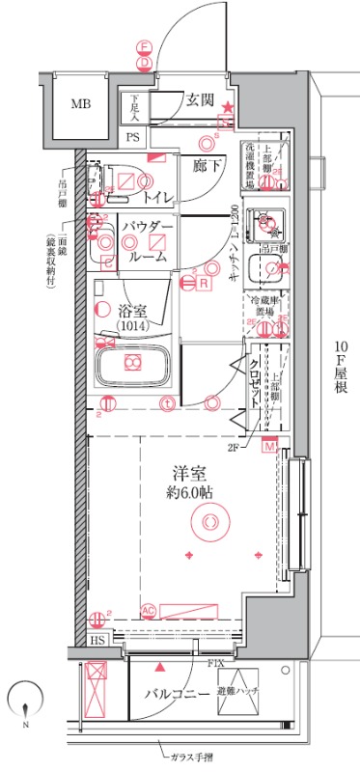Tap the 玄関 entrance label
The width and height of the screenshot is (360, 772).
click(200, 98)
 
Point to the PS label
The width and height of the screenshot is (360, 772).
click(132, 138)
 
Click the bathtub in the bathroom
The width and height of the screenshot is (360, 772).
click(134, 364)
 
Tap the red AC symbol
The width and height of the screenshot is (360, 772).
click(148, 610)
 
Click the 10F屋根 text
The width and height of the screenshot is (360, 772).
click(342, 368)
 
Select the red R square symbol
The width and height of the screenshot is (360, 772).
click(204, 283)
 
